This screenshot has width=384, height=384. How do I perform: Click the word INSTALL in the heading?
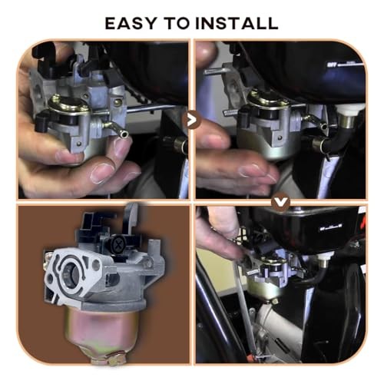(237, 22)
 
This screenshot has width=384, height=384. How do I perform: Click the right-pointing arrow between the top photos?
(192, 120)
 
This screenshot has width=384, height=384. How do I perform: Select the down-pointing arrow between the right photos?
(281, 203)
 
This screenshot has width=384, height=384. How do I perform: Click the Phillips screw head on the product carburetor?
(113, 244)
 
